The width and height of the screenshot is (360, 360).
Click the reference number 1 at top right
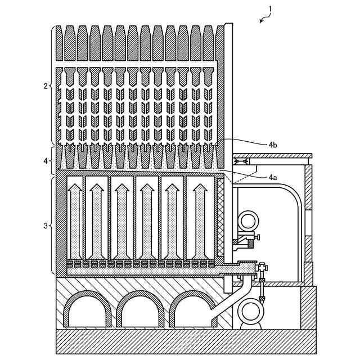pos(271,9)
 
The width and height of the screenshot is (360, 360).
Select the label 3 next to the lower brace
pos(46,226)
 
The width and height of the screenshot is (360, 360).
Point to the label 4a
pos(272,177)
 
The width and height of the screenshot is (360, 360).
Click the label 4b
pos(272,145)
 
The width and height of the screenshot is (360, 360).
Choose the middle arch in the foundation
pos(141,312)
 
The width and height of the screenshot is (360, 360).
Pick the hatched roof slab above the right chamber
pos(272,155)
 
